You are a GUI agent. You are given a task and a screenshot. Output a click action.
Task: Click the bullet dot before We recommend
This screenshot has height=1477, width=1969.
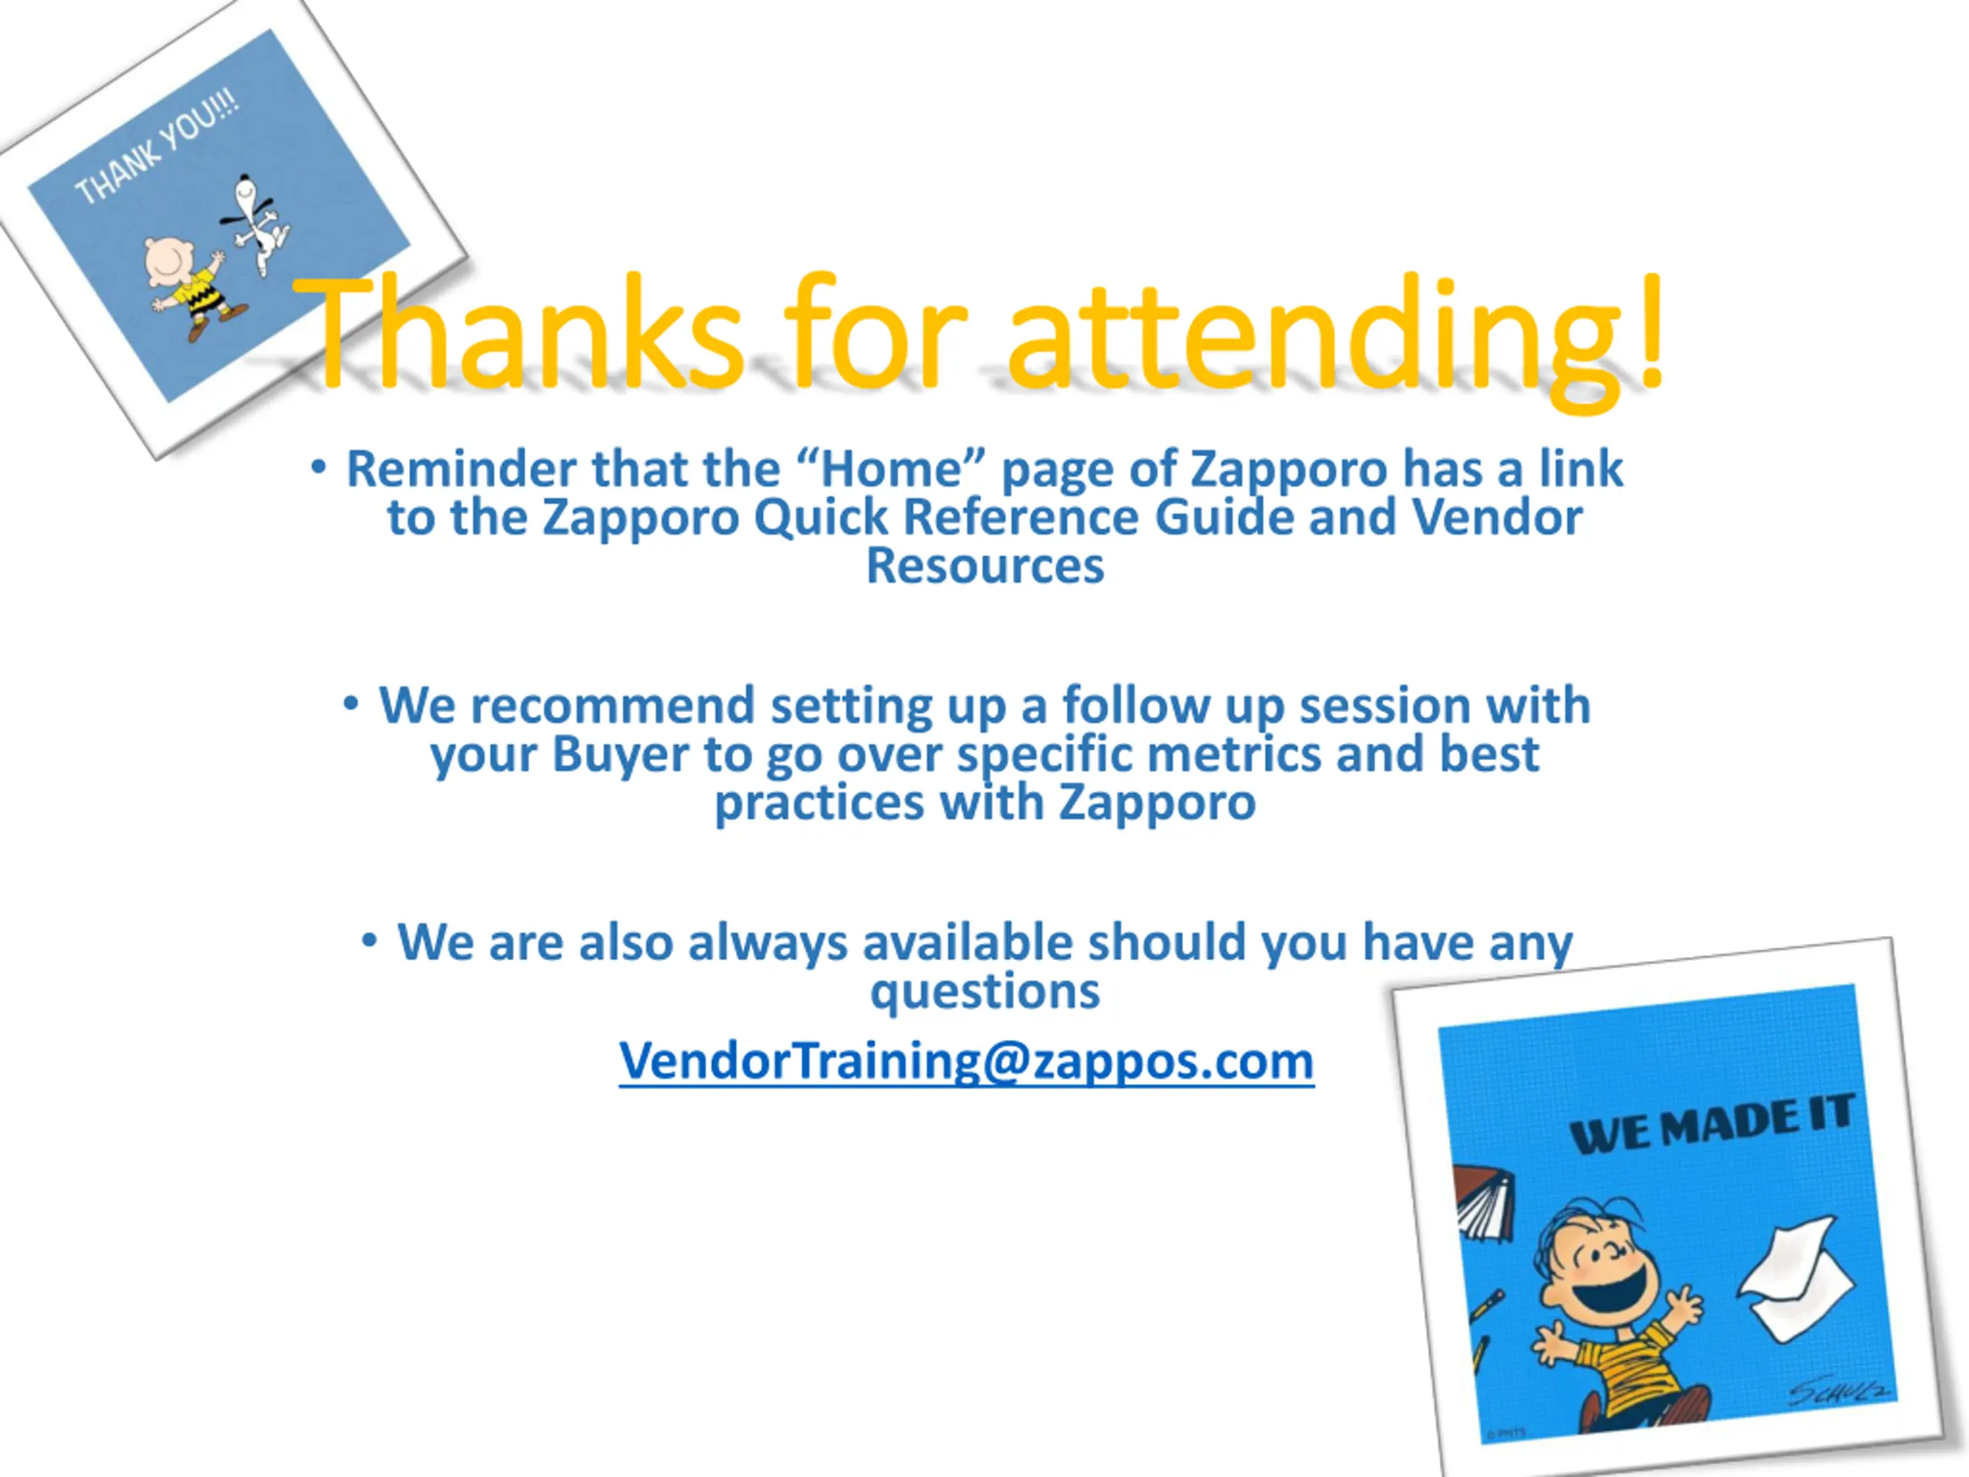(x=351, y=703)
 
